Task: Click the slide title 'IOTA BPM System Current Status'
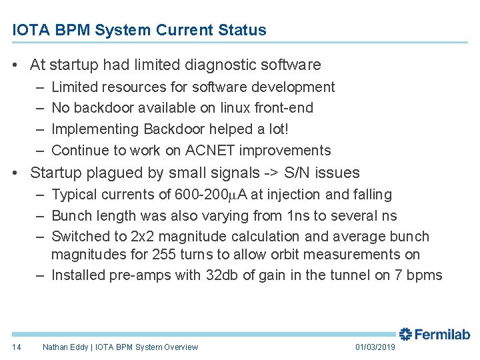pos(139,30)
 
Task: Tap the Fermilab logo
pos(435,334)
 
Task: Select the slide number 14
pos(17,347)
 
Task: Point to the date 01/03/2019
pos(375,347)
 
